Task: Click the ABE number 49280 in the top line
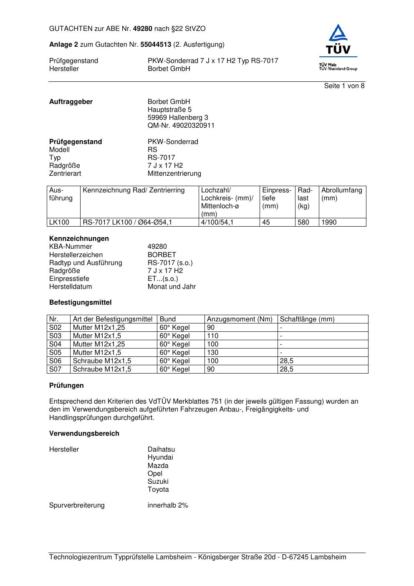pos(142,29)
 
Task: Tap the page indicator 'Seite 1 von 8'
pos(344,86)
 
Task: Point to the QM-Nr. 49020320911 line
pos(181,126)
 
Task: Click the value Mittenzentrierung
pos(174,174)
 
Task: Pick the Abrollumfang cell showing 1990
pos(329,222)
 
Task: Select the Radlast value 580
pos(303,222)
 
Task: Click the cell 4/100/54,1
pos(217,222)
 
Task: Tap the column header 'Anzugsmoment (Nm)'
pos(240,319)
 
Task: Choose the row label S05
pos(55,353)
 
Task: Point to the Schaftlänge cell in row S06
pos(286,361)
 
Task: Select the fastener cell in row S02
pos(99,328)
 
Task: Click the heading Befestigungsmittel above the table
pos(80,303)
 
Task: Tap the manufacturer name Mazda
pos(158,466)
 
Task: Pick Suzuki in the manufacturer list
pos(158,482)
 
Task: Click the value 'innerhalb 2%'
pos(168,505)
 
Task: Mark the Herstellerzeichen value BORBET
pos(162,255)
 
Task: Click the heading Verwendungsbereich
pos(84,434)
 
